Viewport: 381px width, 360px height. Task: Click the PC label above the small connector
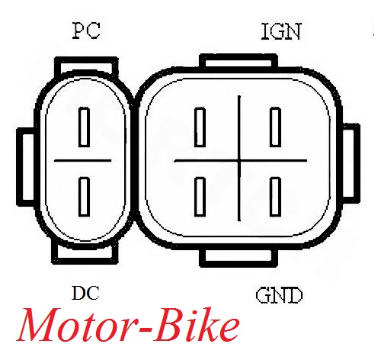pos(86,31)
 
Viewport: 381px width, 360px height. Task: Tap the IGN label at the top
pos(281,31)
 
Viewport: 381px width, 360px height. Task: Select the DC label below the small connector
pos(85,293)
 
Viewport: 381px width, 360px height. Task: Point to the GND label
pos(279,295)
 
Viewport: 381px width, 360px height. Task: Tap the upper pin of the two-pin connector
pos(84,127)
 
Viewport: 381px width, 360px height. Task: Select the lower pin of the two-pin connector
pos(84,197)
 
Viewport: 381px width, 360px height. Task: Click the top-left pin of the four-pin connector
pos(200,127)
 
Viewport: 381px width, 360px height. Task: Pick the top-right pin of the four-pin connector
pos(275,127)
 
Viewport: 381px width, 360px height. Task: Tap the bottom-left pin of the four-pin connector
pos(200,197)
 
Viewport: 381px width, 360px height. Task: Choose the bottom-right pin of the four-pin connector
pos(275,197)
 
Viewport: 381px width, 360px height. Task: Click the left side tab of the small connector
pos(25,167)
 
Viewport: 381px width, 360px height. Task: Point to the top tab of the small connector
pos(86,64)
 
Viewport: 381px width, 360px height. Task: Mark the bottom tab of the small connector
pos(85,253)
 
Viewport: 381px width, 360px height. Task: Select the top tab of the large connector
pos(239,61)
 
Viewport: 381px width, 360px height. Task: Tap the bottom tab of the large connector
pos(239,258)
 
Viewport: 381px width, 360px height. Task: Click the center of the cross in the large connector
pos(239,161)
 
